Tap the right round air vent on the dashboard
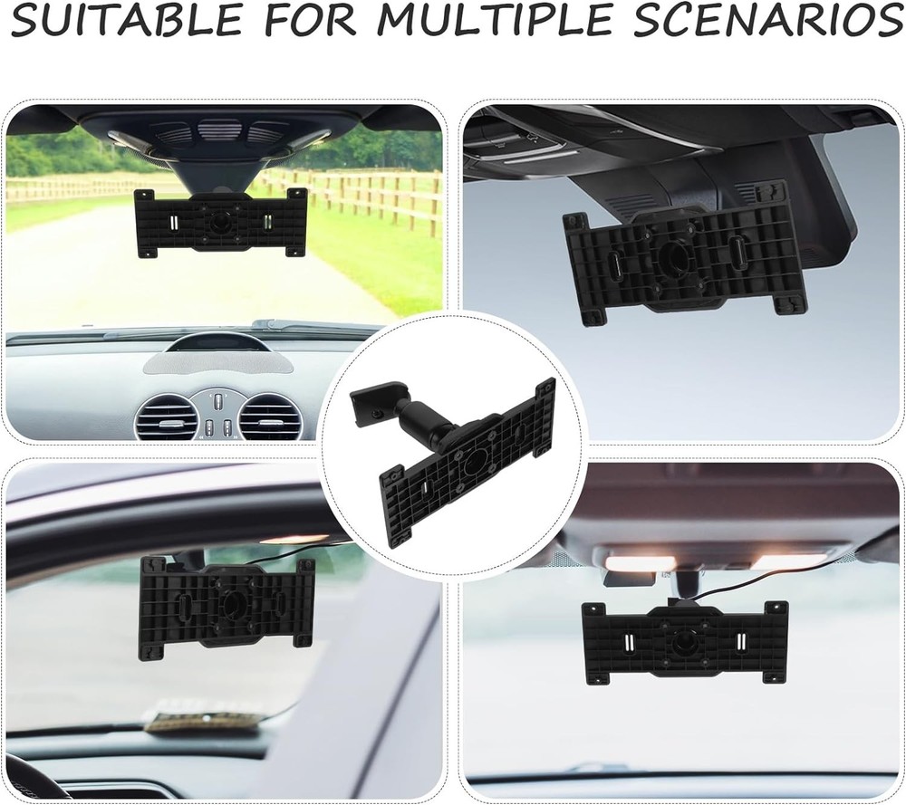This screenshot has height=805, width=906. [x=269, y=417]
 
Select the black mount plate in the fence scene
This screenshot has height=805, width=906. [x=220, y=222]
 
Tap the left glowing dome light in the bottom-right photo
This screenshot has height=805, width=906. [x=640, y=563]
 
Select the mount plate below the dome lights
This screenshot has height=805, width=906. [x=684, y=641]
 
